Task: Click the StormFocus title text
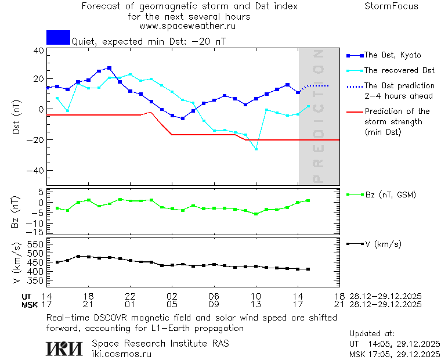click(392, 6)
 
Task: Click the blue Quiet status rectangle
click(58, 37)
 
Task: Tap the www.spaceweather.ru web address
click(187, 26)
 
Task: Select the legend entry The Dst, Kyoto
click(392, 55)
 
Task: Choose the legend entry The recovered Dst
click(399, 71)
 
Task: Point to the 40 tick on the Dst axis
click(39, 51)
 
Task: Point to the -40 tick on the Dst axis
click(36, 171)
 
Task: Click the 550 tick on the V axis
click(34, 244)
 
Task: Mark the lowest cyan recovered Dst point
click(256, 149)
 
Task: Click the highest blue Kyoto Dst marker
click(109, 68)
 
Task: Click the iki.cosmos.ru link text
click(122, 354)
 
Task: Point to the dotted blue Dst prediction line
click(317, 85)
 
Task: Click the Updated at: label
click(372, 334)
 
